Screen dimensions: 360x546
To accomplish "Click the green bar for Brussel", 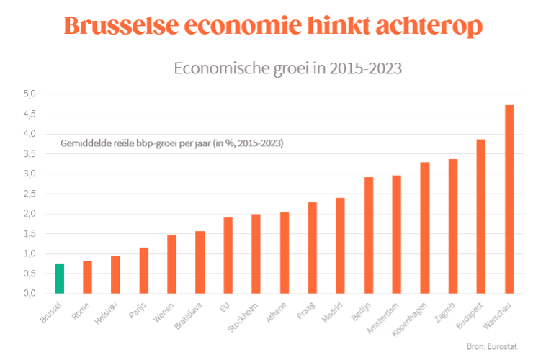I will [x=59, y=279].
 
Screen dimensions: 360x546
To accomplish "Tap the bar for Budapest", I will [x=481, y=216].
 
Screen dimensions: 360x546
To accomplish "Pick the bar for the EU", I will [x=228, y=256].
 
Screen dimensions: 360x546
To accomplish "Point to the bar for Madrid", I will [x=340, y=246].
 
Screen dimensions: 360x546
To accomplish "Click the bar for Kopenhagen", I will [x=425, y=228].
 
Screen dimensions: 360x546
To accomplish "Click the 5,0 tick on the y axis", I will [x=30, y=94].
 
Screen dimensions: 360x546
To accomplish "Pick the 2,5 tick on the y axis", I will [x=30, y=194].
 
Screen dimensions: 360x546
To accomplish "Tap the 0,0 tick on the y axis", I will [x=30, y=294].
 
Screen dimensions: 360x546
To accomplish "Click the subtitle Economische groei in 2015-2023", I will [x=288, y=69].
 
